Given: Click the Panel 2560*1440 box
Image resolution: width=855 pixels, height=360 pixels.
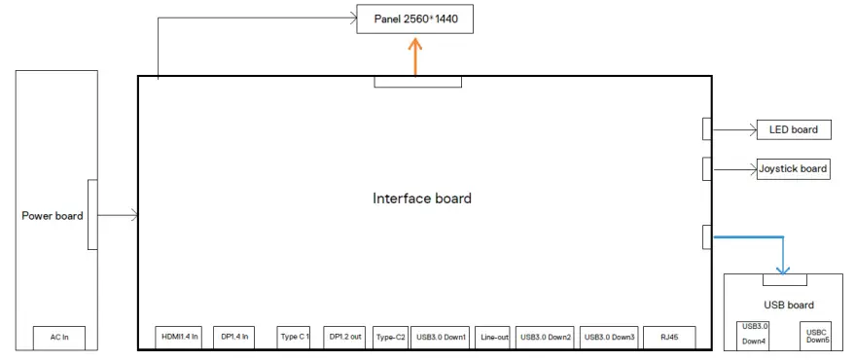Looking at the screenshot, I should pos(415,19).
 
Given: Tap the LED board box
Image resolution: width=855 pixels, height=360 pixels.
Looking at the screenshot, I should pos(793,129).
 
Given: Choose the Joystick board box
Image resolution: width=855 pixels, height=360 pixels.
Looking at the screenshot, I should pos(793,168).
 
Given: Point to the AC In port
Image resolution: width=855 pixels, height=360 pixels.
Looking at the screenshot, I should pos(59,338).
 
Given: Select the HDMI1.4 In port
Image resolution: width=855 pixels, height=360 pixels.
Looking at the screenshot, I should pos(178,337).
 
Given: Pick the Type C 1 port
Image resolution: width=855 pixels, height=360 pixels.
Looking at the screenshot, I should pos(294,337).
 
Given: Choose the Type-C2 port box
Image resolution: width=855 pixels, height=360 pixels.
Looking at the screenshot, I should pos(390,337).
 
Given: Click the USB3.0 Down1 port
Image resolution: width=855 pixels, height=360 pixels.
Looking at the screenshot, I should pos(441,337).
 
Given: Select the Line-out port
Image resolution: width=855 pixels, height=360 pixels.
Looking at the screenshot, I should pos(494,337).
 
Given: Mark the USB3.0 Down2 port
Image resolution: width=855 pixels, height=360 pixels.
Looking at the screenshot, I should pos(546,337).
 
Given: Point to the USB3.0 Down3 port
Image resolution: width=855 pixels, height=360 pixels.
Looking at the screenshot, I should pos(610,337).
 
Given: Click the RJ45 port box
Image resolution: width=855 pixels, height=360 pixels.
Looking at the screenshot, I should pos(669,337).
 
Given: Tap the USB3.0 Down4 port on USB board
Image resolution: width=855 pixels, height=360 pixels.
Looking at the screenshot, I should pos(754,334).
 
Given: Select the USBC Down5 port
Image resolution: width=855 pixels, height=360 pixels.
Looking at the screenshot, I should pos(817,335).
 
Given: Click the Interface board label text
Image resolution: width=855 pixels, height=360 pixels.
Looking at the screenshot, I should pos(422,198).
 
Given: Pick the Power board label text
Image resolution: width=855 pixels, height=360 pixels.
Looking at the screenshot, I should pos(52,216).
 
